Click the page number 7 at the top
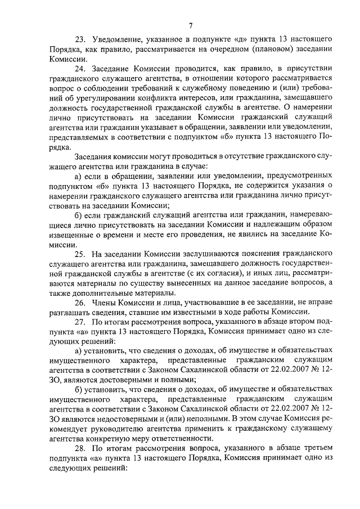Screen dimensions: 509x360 coord(191,24)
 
